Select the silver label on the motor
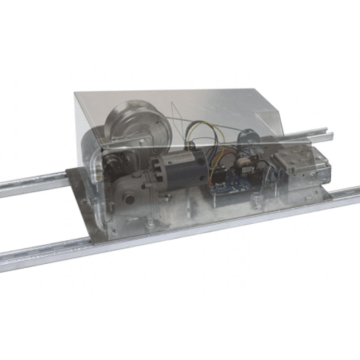click(x=182, y=155)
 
